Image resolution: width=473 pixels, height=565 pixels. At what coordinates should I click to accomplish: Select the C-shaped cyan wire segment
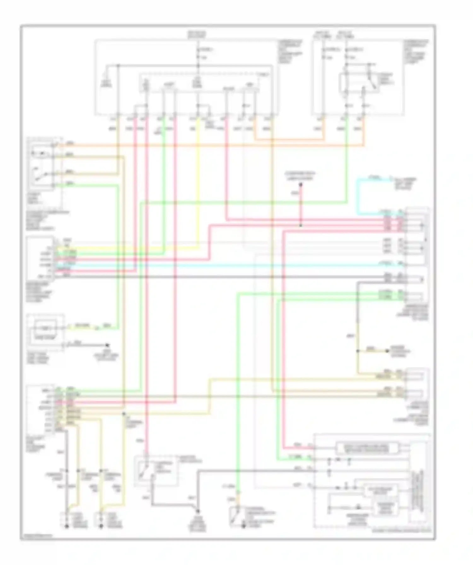click(358, 196)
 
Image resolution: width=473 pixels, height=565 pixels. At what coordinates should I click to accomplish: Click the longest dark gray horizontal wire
click(221, 277)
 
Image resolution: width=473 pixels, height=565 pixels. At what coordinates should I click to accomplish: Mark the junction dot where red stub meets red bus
click(301, 226)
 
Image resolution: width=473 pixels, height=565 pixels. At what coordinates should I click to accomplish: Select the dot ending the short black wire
click(107, 345)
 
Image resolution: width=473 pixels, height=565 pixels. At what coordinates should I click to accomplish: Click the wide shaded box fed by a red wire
click(367, 448)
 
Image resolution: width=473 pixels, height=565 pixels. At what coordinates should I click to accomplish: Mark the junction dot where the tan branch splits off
click(358, 351)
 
